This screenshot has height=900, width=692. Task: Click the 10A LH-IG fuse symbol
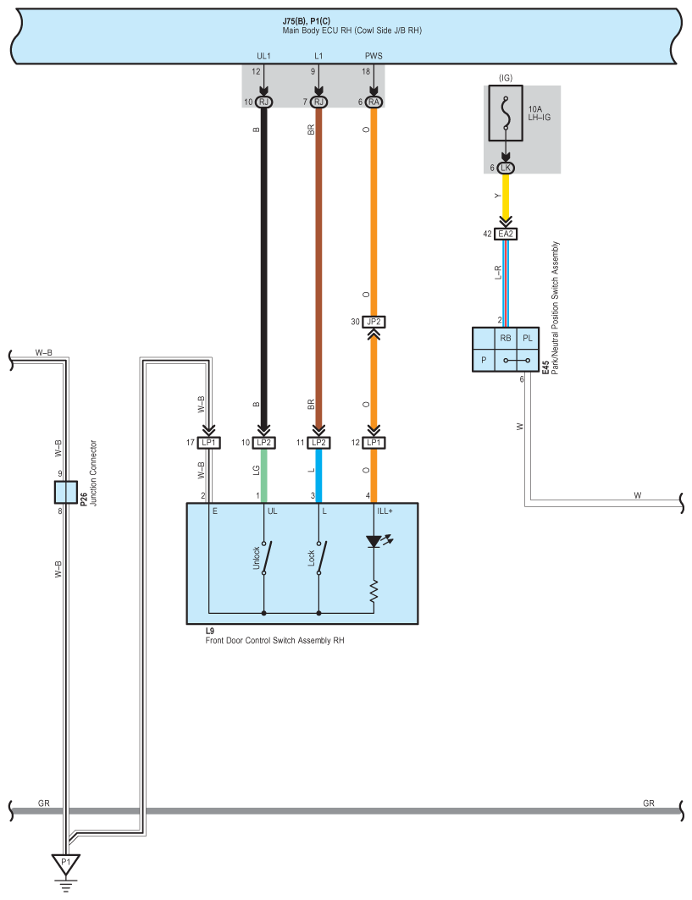tap(506, 113)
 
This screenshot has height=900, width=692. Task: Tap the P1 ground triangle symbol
tap(65, 864)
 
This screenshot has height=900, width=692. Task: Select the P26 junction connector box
tap(65, 492)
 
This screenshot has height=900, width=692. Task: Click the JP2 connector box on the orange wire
tap(374, 322)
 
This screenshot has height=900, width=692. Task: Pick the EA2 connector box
tap(506, 234)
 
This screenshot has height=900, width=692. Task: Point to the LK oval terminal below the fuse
tap(506, 168)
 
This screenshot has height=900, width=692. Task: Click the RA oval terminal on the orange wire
tap(374, 102)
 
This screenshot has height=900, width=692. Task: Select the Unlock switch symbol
tap(265, 557)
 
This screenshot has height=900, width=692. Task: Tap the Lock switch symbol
tap(320, 557)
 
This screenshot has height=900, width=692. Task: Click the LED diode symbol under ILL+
tap(374, 541)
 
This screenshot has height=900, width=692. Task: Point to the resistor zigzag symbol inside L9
tap(374, 591)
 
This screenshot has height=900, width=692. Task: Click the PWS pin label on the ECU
tap(374, 56)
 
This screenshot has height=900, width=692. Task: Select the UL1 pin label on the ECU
tap(263, 56)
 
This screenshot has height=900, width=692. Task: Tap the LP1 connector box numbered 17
tap(208, 443)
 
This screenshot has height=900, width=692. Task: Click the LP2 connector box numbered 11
tap(318, 443)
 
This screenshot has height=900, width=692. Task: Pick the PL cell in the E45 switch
tap(528, 339)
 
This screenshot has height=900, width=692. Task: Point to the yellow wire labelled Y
tap(506, 196)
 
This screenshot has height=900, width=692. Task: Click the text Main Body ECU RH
tap(317, 30)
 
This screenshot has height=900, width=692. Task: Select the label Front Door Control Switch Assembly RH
tap(275, 641)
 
